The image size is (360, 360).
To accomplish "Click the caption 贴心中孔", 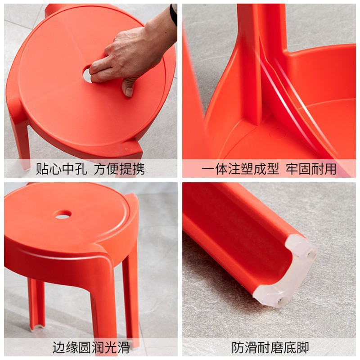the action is coord(62,169).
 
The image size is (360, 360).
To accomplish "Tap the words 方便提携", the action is coord(119,169).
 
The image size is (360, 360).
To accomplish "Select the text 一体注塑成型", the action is coord(240,169).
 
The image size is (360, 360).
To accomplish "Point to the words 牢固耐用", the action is coord(311,169).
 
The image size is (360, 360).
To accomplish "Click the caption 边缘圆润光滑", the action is coord(91,347).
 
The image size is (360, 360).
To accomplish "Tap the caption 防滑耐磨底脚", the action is coord(270,347).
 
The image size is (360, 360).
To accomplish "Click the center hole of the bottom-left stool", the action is coord(63,215).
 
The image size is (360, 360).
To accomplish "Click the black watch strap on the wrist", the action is coord(174,14).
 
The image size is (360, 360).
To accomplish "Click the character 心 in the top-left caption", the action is coord(55,169).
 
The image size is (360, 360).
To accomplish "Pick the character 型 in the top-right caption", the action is coord(273,169).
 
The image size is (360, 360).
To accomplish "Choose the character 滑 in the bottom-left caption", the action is coord(123,347).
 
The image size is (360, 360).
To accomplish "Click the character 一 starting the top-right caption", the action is coord(208,169).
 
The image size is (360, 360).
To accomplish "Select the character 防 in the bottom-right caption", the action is coord(238,347).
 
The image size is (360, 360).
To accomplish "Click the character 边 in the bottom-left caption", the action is coord(59,347).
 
